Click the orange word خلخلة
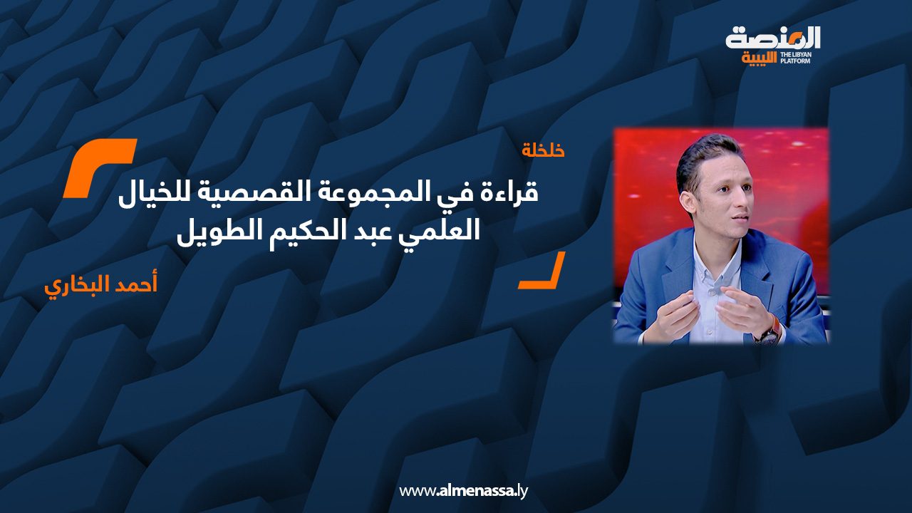[x=543, y=150]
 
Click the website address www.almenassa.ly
[x=463, y=491]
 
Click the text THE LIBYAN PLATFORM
[x=799, y=58]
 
